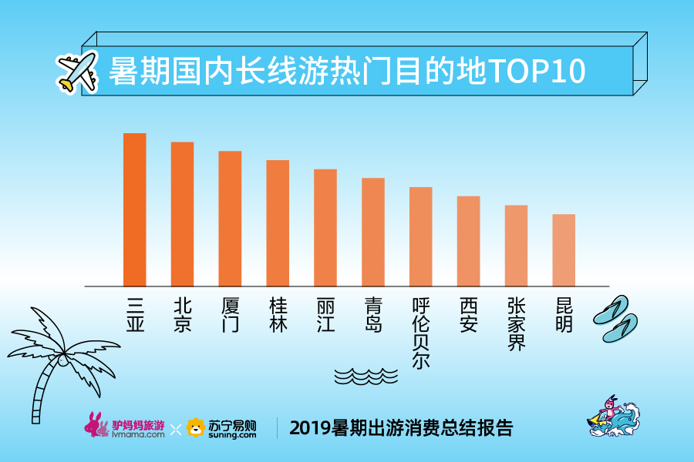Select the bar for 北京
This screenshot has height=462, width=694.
[182, 214]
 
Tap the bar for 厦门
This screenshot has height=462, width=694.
[230, 219]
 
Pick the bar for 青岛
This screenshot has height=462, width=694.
[373, 232]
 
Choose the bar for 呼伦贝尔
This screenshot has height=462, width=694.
[420, 236]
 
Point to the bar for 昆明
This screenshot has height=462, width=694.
[564, 250]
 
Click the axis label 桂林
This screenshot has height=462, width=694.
[278, 315]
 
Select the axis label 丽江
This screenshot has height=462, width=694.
[325, 315]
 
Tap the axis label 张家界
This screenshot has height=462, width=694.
[517, 324]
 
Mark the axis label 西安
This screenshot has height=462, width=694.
[468, 315]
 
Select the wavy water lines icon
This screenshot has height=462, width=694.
[366, 376]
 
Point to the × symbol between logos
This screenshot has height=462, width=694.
[176, 428]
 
